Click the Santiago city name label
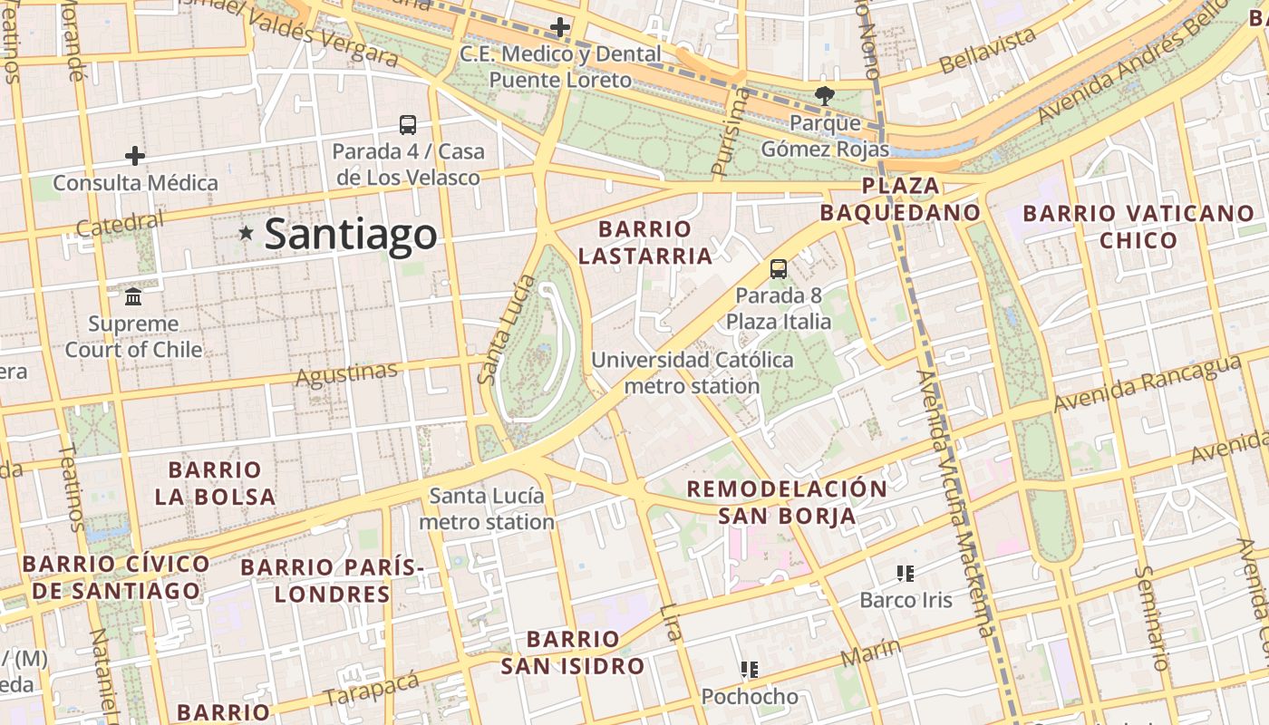351,235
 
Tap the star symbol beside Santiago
246,233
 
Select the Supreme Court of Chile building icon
134,296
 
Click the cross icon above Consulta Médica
135,156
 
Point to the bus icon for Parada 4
408,125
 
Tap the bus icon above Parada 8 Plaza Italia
778,268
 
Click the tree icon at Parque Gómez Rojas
824,95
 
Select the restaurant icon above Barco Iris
905,573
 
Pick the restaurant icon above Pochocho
749,670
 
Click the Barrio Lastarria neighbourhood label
644,242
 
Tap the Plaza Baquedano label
900,199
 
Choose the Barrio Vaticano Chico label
1138,227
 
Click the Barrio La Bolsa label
215,483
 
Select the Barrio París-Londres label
332,581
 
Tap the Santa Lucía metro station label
487,508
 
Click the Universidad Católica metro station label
692,372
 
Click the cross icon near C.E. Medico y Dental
560,27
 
